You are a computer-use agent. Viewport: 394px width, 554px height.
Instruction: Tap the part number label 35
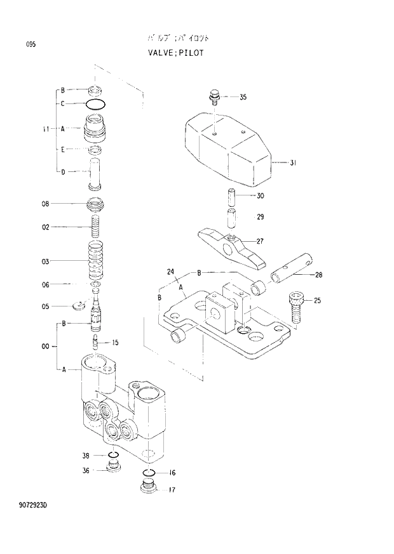243,97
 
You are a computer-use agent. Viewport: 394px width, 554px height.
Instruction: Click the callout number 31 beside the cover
292,163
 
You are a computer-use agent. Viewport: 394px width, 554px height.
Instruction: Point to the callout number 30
260,195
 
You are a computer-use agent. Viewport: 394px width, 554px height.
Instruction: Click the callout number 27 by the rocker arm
260,241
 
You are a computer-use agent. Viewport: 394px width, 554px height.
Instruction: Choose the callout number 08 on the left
46,204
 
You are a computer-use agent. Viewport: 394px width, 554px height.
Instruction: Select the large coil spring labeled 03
95,260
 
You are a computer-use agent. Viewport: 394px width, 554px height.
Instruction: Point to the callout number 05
46,307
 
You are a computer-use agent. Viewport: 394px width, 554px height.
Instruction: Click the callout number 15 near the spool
115,343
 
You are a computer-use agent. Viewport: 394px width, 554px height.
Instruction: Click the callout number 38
86,456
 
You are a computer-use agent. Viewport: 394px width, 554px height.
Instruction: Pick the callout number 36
86,470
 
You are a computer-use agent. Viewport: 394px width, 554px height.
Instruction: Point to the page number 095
31,44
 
